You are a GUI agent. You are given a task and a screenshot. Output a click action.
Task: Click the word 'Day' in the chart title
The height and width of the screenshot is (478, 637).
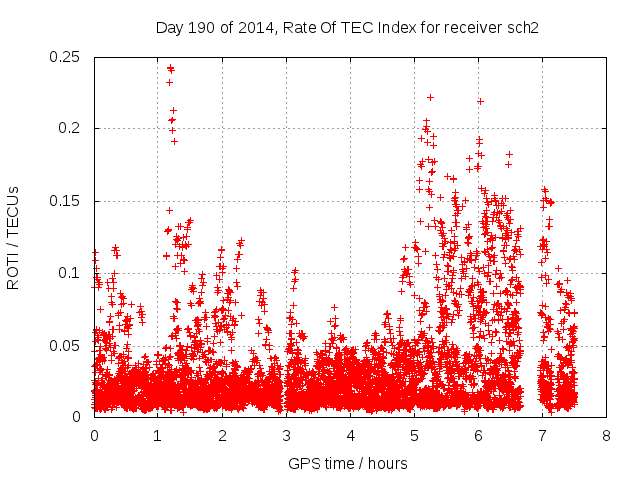click(x=169, y=27)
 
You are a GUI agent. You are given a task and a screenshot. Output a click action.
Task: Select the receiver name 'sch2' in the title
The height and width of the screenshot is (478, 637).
click(x=522, y=27)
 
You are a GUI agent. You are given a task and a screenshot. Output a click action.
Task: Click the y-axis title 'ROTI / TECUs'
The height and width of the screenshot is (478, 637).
click(x=13, y=237)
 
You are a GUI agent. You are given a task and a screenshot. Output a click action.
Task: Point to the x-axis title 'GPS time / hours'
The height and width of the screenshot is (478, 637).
click(x=347, y=464)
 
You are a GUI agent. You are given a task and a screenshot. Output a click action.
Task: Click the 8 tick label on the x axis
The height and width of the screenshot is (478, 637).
click(x=606, y=436)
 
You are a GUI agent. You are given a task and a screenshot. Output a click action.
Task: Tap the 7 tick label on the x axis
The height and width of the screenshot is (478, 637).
click(x=542, y=436)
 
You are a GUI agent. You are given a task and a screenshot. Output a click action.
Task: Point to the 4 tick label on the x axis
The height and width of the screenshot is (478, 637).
click(x=350, y=436)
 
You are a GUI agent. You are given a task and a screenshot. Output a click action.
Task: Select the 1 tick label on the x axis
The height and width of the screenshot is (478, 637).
click(x=157, y=436)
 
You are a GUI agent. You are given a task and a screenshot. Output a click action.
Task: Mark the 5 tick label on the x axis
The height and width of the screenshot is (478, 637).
click(x=414, y=436)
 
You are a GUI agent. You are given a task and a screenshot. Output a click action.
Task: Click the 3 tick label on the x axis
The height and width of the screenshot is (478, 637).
click(x=286, y=436)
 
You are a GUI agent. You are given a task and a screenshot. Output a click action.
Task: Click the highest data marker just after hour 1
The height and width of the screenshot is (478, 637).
click(x=170, y=69)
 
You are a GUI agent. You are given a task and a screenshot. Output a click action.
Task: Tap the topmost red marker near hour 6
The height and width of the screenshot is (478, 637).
click(x=480, y=101)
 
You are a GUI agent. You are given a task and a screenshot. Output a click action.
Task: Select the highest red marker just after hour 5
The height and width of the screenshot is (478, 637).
click(x=430, y=97)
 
